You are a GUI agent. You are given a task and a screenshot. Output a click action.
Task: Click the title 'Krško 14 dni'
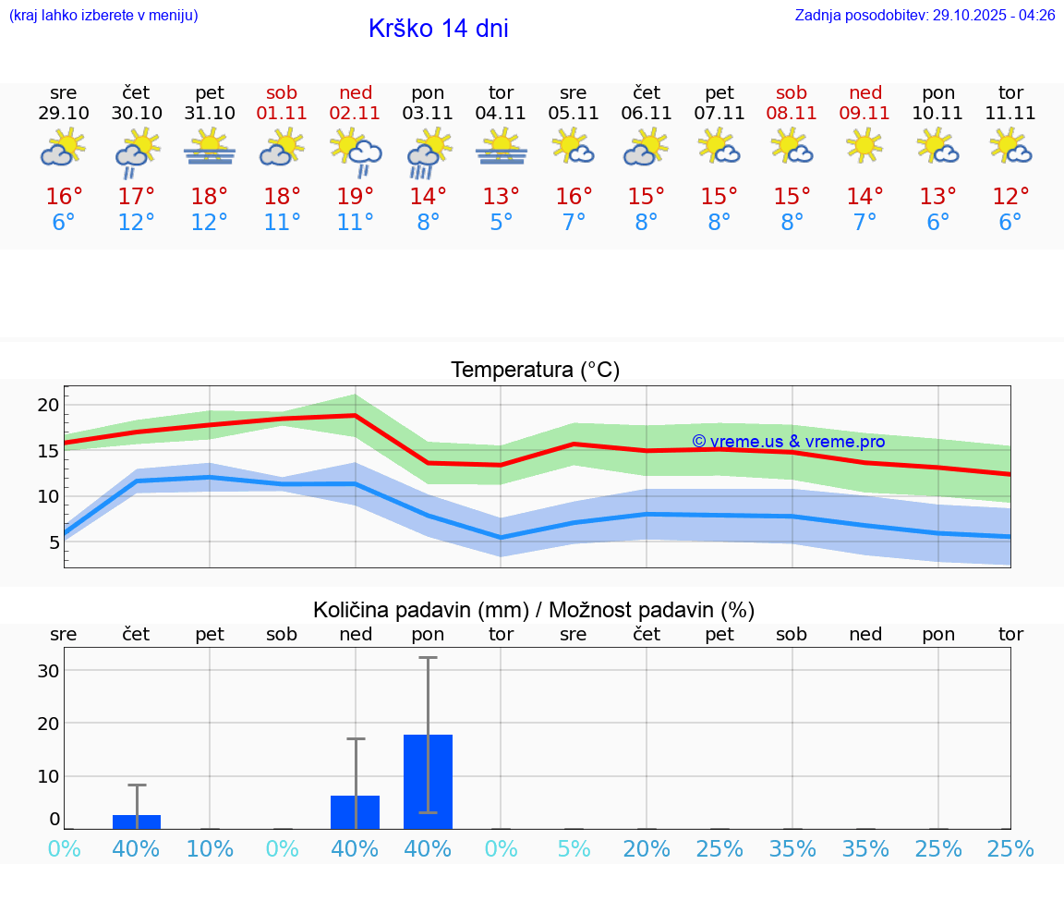click(438, 29)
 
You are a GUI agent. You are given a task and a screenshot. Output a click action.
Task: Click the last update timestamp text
click(925, 15)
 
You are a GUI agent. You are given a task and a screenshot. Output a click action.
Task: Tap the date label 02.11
click(356, 114)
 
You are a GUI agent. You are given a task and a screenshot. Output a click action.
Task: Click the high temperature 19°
click(356, 197)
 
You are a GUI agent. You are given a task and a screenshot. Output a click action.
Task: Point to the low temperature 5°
click(502, 223)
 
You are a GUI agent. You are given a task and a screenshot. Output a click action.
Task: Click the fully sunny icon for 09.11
click(865, 145)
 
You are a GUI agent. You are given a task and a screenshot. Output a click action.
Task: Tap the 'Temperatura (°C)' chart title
click(535, 371)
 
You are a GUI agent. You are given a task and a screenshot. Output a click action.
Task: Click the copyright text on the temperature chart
click(788, 442)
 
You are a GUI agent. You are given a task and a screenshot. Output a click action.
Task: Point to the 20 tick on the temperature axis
click(48, 405)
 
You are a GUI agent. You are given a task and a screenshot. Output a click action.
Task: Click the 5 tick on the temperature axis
click(54, 542)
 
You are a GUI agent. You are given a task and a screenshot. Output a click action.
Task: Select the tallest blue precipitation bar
click(428, 781)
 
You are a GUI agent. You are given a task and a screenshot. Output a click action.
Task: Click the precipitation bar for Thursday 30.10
click(137, 822)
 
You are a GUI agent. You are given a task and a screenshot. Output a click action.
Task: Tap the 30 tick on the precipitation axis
click(48, 670)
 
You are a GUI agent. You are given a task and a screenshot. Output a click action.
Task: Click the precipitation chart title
click(533, 610)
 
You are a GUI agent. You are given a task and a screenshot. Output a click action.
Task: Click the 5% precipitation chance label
click(574, 849)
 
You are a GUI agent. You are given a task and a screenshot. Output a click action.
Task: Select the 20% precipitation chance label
click(647, 849)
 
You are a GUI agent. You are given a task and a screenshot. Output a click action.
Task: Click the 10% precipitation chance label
click(210, 849)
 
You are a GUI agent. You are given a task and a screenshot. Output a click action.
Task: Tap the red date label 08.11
click(792, 114)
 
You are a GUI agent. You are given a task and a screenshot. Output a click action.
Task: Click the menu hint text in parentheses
click(103, 15)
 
